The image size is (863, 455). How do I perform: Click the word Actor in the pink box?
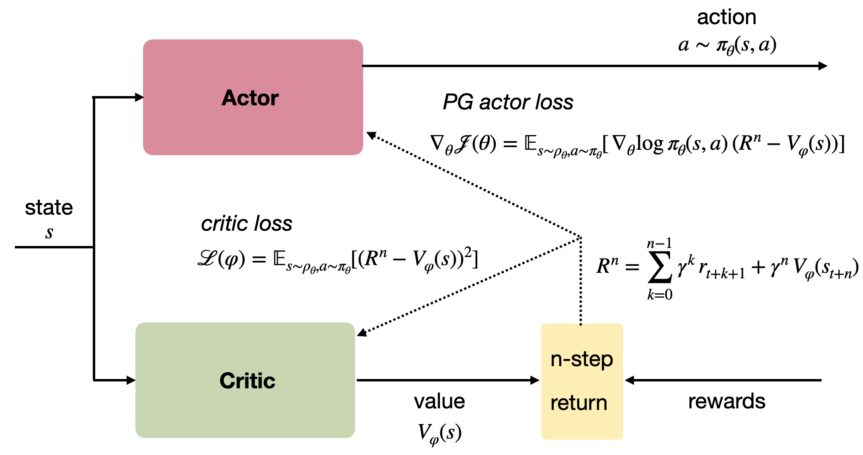(250, 98)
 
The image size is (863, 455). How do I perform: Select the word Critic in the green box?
(247, 381)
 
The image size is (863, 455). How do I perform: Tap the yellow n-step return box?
(582, 381)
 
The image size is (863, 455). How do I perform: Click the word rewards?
(726, 401)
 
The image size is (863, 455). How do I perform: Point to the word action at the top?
(726, 17)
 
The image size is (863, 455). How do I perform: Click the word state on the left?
(49, 208)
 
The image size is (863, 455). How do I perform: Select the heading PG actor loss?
(508, 102)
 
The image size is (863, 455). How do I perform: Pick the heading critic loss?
(246, 223)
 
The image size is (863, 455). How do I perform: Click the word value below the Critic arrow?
(440, 401)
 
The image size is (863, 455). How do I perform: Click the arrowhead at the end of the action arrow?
(822, 66)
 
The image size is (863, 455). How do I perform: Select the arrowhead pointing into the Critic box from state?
(131, 380)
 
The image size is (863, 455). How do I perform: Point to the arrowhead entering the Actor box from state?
(139, 97)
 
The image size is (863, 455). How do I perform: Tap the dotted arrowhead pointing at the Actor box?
(371, 135)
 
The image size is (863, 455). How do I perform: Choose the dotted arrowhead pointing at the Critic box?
(362, 332)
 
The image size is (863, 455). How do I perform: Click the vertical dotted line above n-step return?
(581, 281)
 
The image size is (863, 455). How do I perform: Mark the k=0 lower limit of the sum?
(659, 295)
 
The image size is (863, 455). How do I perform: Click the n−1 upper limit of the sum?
(659, 244)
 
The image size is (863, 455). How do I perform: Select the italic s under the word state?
(49, 233)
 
